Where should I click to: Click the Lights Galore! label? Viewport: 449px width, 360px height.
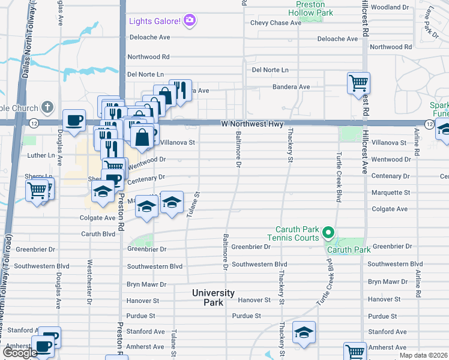[x=155, y=22]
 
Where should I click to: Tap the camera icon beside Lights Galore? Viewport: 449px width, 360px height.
[x=191, y=22]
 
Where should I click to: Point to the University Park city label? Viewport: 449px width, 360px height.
[x=213, y=298]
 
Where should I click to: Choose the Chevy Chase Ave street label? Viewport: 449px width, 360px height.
[x=276, y=23]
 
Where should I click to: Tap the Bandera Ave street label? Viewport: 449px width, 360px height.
[x=291, y=87]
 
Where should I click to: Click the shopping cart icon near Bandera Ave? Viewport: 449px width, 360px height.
[x=358, y=83]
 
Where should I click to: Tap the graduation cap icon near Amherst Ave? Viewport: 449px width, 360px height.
[x=304, y=332]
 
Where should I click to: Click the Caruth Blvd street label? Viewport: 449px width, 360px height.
[x=97, y=234]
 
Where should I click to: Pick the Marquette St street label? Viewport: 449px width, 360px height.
[x=390, y=193]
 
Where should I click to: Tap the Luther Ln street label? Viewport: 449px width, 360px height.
[x=41, y=155]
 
